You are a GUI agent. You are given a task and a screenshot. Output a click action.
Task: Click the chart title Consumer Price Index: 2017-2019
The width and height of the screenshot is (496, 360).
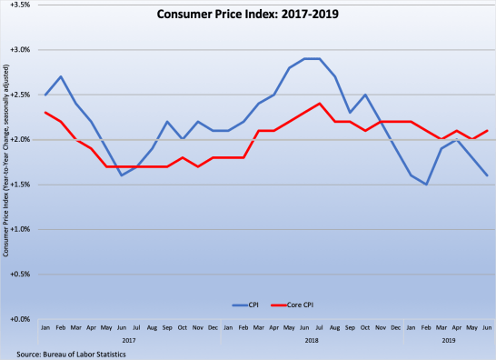click(247, 15)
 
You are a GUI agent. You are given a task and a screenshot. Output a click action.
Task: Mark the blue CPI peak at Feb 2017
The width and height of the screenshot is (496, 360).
click(60, 76)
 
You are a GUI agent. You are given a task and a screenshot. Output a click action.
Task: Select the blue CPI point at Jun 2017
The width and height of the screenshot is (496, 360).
click(121, 175)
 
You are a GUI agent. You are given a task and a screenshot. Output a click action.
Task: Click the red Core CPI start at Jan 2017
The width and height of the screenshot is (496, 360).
click(45, 113)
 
